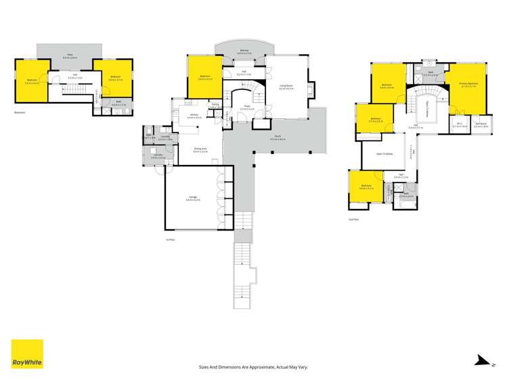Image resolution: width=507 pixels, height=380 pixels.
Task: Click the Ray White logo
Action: pos(27,354)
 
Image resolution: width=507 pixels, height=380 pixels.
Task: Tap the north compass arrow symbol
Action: pos(482,360)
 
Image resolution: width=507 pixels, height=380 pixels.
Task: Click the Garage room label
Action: pos(193,199)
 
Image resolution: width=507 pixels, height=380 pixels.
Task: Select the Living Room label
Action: pos(286,86)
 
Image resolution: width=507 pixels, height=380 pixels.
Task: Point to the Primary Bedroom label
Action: pos(468,85)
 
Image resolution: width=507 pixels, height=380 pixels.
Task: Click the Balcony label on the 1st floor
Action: pos(243,51)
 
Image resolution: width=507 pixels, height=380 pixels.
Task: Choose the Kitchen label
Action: pos(193,116)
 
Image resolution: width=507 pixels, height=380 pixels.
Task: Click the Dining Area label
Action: pos(200,149)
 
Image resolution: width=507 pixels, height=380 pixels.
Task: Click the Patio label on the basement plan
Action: pos(69,55)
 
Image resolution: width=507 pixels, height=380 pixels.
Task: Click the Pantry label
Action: pos(214,106)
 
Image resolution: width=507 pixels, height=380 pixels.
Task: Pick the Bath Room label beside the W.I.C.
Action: pos(481,124)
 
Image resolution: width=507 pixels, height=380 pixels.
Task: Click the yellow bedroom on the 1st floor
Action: pos(203,76)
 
